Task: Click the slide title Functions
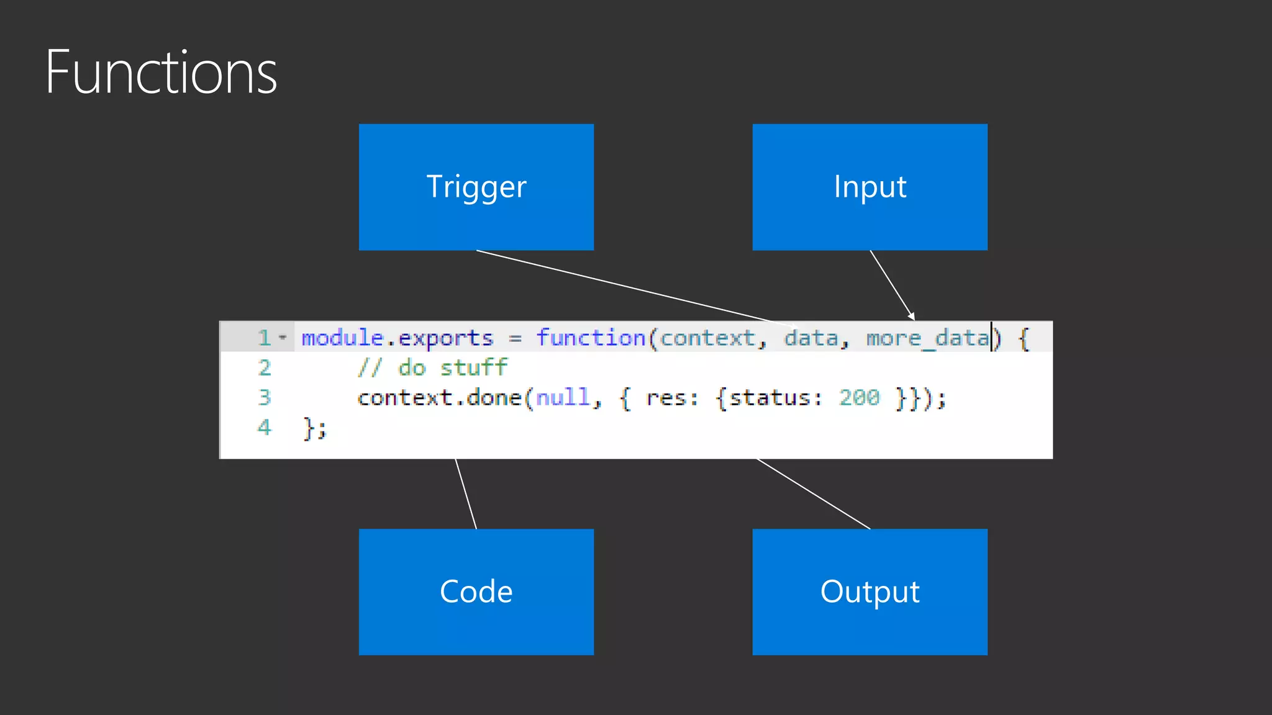coord(161,73)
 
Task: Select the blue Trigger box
coord(476,187)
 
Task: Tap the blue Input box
coord(870,187)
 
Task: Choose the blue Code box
coord(476,591)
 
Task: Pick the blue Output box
coord(870,591)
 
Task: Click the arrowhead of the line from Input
coord(911,317)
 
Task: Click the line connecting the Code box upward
coord(466,494)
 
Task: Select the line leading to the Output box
coord(814,494)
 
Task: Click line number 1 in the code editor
coord(264,338)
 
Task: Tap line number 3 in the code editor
coord(264,397)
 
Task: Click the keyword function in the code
coord(591,338)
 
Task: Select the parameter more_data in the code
coord(927,338)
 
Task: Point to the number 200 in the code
coord(859,397)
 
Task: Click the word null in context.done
coord(563,397)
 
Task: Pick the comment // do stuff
coord(432,367)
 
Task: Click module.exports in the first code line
coord(397,338)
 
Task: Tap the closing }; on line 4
coord(314,428)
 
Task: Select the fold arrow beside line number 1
coord(283,338)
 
